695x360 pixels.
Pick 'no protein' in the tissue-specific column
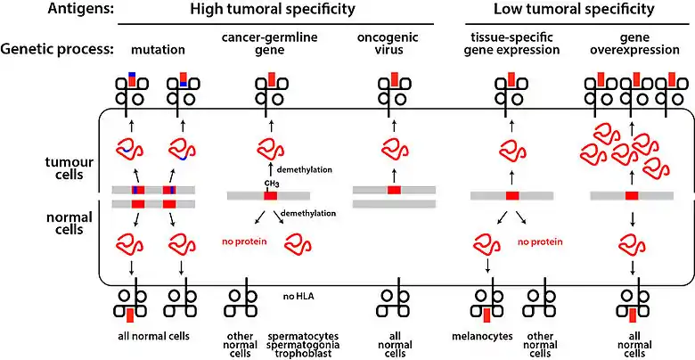[x=541, y=241]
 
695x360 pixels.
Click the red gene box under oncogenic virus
[x=394, y=190]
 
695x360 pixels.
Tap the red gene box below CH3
[x=271, y=195]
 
